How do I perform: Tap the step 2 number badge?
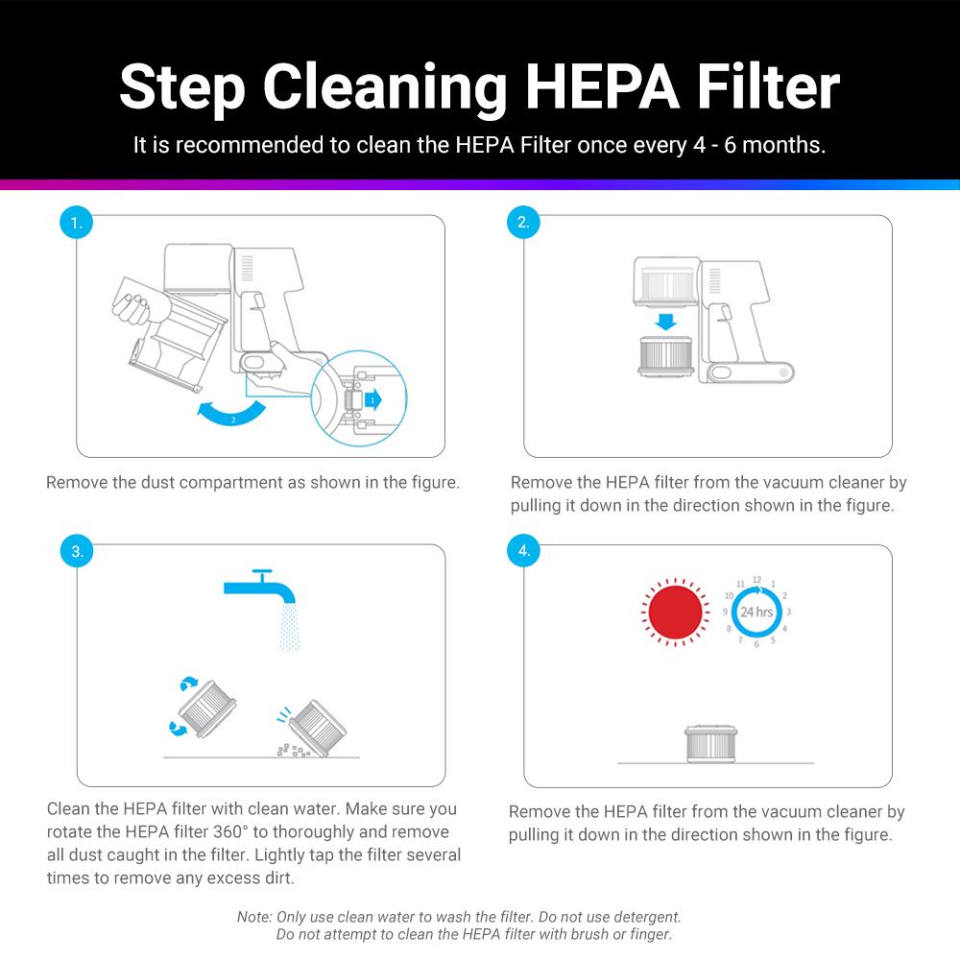click(523, 223)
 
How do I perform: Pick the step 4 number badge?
click(523, 551)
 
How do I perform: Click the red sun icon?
click(677, 612)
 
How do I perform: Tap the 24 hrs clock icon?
click(756, 612)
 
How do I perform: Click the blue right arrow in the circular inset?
click(372, 397)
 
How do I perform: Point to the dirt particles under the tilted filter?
click(288, 750)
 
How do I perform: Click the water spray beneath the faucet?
click(287, 628)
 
